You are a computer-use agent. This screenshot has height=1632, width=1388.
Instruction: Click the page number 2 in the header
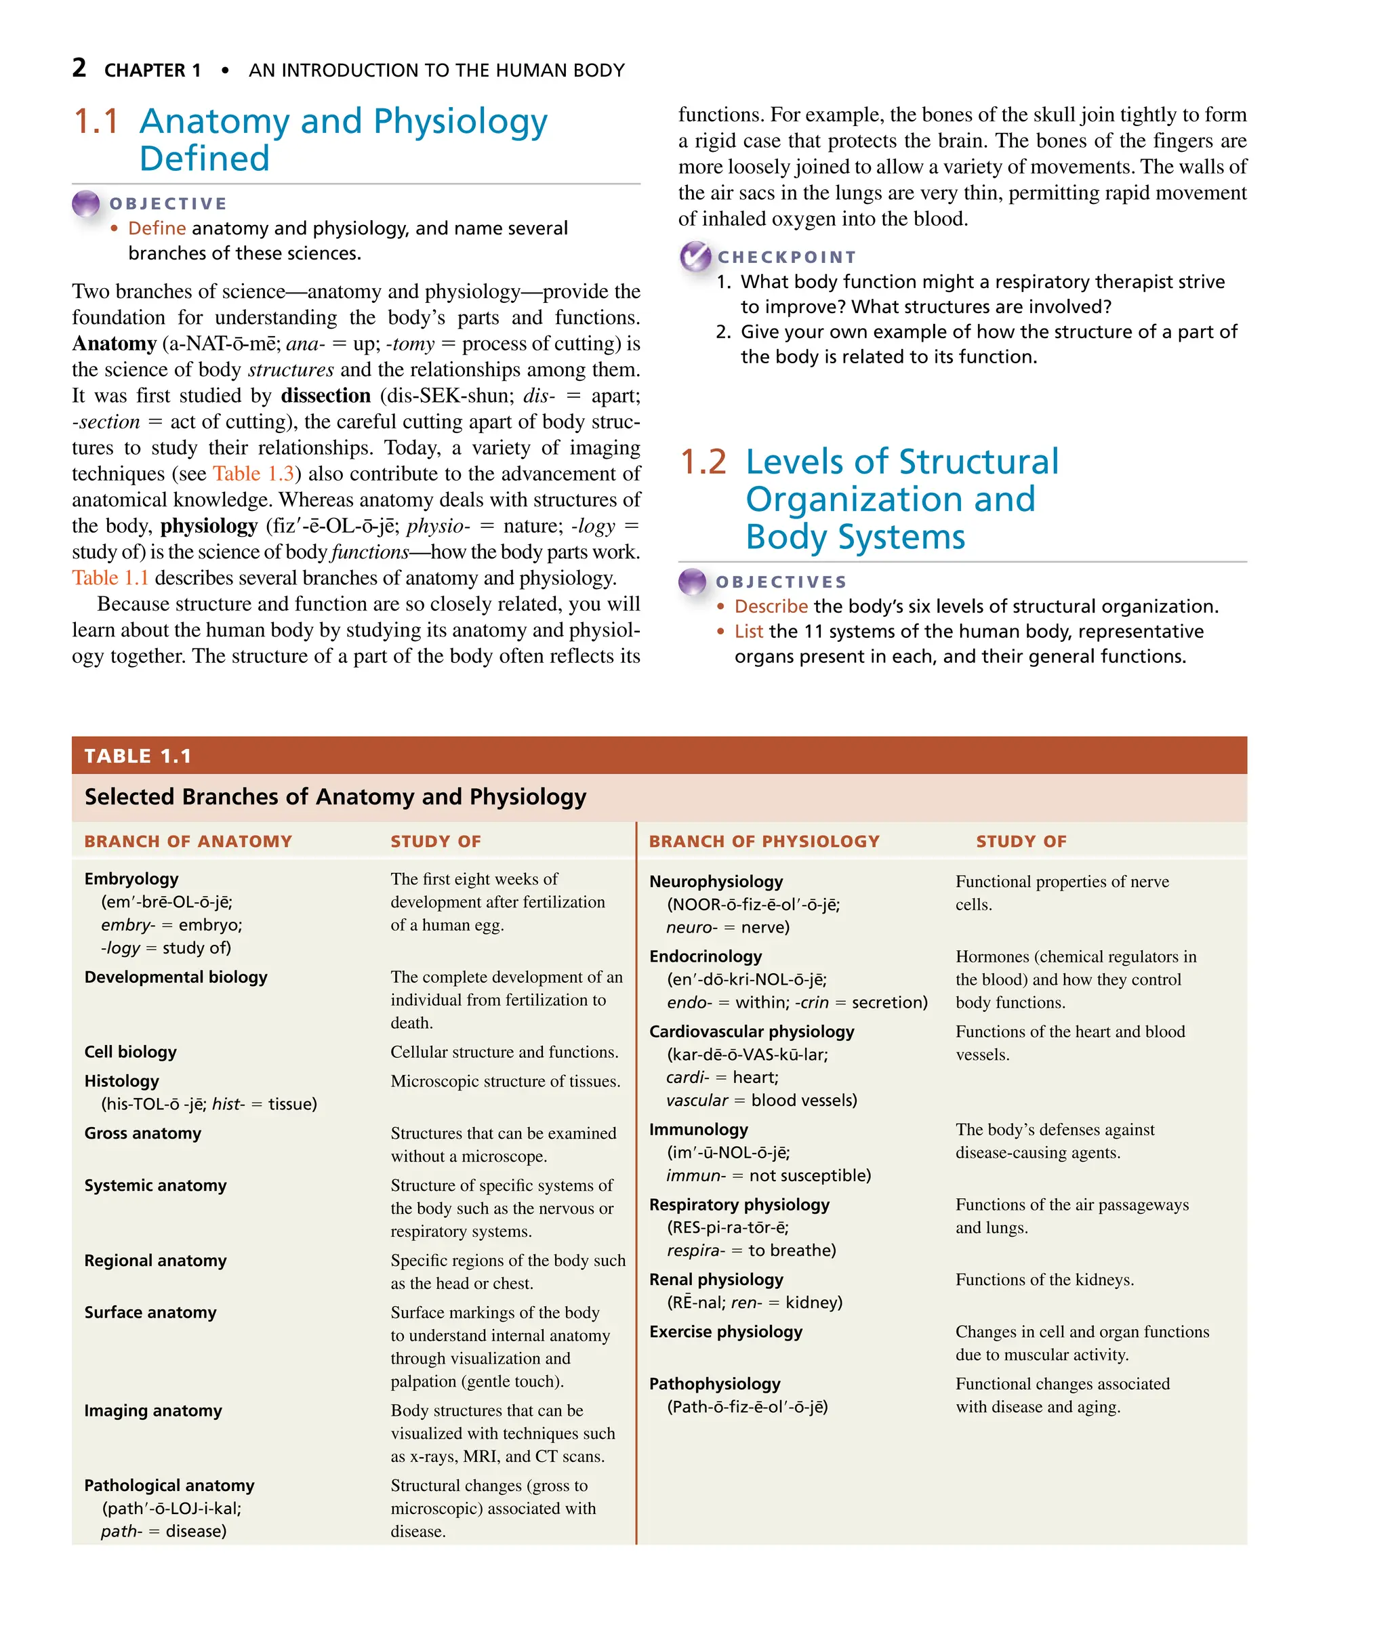(79, 68)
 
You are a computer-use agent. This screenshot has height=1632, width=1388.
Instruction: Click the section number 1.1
(96, 122)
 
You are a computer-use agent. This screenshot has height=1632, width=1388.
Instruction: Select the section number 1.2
(703, 462)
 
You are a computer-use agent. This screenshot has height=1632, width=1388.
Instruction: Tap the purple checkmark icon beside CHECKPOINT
(695, 256)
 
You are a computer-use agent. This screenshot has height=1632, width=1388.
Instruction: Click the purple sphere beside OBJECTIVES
(693, 582)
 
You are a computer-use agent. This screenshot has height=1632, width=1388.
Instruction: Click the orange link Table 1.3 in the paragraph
(253, 474)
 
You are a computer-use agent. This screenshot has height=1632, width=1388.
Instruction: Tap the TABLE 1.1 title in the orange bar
(138, 756)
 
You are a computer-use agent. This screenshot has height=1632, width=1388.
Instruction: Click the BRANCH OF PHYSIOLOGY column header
(763, 841)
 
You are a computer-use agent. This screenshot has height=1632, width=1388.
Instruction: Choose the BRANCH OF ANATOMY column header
(188, 841)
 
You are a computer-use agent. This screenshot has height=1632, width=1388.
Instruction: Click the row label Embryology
(131, 879)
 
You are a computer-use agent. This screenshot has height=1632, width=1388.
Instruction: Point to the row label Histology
(122, 1081)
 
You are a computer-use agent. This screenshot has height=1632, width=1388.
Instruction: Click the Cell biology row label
(131, 1052)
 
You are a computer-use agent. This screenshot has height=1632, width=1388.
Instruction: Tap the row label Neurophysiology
(715, 881)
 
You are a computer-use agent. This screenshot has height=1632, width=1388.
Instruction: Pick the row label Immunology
(698, 1130)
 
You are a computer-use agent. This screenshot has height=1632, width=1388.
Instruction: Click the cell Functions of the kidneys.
(1044, 1280)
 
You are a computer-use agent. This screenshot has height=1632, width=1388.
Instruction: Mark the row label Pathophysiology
(714, 1384)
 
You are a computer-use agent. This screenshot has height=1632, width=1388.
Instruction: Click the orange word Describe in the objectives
(771, 607)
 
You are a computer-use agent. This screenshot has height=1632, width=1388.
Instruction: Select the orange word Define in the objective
(157, 228)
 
